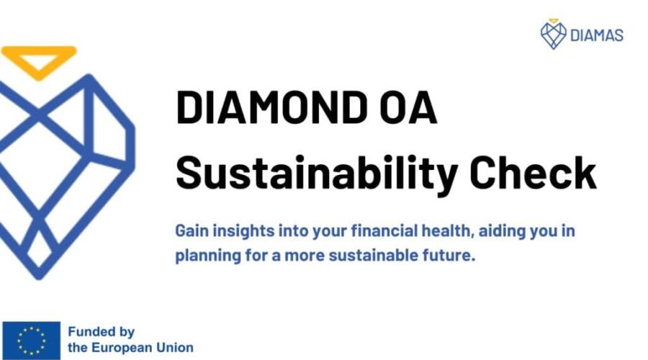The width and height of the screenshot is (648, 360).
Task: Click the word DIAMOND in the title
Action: click(272, 107)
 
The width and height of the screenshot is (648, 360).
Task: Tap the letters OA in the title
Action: click(408, 107)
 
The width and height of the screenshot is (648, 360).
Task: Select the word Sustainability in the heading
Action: click(317, 174)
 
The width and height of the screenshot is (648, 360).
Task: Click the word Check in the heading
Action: click(533, 172)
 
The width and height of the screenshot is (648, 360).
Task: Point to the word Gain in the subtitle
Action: click(192, 230)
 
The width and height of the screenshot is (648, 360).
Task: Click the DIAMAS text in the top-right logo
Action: click(597, 35)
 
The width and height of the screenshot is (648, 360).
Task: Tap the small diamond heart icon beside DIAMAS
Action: click(554, 35)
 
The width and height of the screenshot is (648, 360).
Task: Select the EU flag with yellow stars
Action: click(32, 341)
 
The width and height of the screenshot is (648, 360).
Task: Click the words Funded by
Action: click(102, 332)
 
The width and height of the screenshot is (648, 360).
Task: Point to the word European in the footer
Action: click(116, 348)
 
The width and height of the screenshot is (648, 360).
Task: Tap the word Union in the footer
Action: click(169, 347)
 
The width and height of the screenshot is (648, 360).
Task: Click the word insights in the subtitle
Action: click(243, 230)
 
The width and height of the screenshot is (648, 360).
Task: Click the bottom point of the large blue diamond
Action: click(39, 278)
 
